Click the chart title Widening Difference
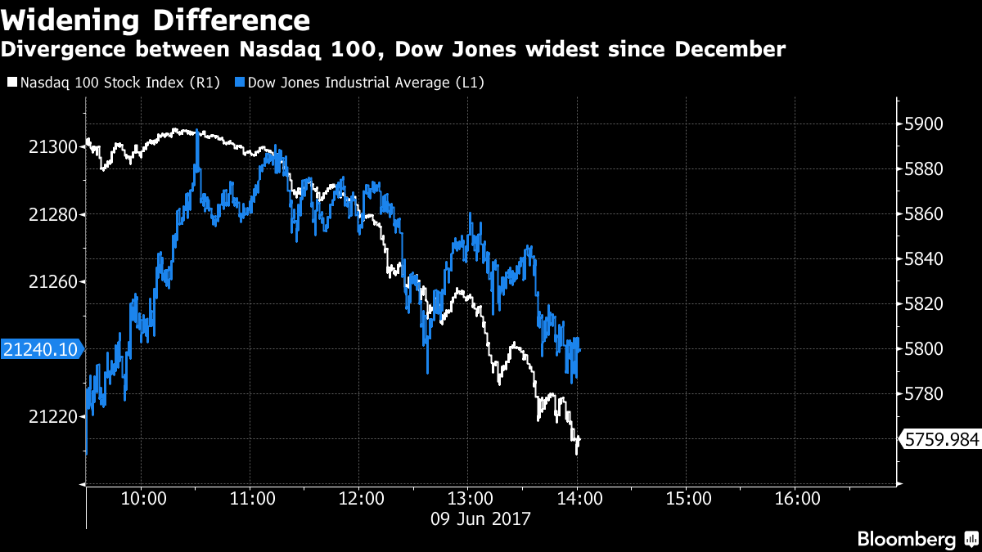coord(155,20)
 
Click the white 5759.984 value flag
coord(941,440)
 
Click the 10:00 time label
coord(141,498)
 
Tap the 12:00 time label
coord(359,498)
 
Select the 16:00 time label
coord(796,498)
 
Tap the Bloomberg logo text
coord(906,539)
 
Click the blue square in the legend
coord(241,83)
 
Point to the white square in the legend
coord(11,83)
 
